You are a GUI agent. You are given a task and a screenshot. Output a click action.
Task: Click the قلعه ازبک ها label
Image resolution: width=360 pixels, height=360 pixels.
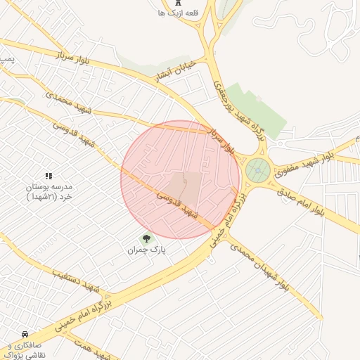point(171,13)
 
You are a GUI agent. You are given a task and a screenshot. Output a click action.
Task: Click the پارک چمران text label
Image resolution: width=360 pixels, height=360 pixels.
point(146,250)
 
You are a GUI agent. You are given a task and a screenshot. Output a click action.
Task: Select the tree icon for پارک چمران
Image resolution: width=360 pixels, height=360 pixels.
point(146,238)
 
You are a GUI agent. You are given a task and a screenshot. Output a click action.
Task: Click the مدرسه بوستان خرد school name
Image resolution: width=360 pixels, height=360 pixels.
point(49,193)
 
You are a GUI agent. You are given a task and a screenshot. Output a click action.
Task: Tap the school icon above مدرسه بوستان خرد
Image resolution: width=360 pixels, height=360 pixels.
point(49,176)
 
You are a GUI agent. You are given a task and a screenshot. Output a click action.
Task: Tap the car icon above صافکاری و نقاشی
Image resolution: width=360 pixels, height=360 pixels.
point(25,334)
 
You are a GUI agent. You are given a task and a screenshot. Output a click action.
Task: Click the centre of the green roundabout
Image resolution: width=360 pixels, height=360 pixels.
point(258,169)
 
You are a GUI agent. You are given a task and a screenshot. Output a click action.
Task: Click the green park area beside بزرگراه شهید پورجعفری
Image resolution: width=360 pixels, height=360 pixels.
point(257,112)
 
